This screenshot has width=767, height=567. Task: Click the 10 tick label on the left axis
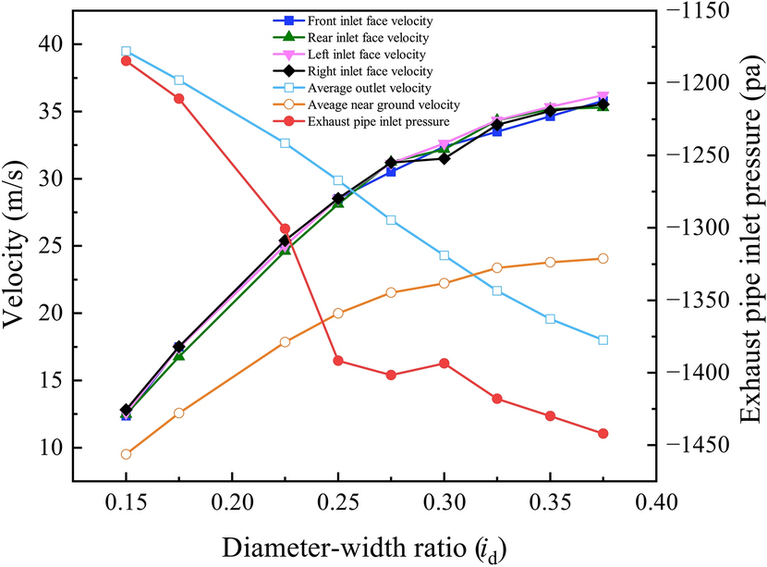coord(43,448)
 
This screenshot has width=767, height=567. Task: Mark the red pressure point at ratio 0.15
coord(126,61)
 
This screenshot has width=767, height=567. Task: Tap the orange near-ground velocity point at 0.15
coord(126,454)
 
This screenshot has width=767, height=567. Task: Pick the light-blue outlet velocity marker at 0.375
coord(603,340)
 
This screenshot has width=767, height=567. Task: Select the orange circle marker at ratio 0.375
coord(603,259)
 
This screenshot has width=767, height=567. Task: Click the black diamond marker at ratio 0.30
coord(444,158)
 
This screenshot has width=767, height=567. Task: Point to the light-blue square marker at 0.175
coord(179,80)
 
